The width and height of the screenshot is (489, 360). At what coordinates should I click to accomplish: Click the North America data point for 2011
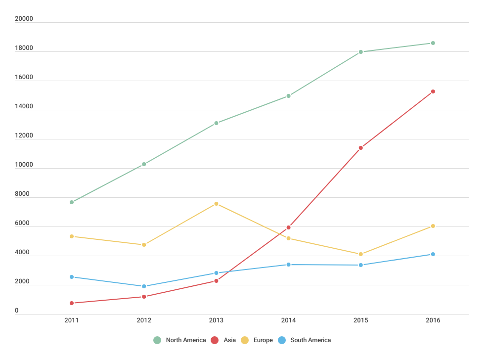click(x=72, y=202)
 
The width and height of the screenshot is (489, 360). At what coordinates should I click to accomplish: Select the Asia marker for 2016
click(x=433, y=91)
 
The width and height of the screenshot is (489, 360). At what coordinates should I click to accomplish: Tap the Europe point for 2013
click(x=216, y=204)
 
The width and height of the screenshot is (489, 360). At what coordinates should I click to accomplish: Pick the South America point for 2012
click(x=144, y=286)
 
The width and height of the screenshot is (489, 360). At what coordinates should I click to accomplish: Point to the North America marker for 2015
click(x=361, y=52)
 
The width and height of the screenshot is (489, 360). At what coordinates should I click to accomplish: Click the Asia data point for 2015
click(x=361, y=148)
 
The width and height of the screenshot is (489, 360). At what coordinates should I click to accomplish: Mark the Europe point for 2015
click(x=361, y=254)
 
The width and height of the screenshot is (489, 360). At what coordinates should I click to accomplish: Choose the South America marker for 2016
click(x=433, y=254)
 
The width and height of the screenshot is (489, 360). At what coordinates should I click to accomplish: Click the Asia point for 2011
click(x=72, y=303)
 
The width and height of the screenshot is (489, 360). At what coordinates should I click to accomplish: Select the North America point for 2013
click(x=216, y=123)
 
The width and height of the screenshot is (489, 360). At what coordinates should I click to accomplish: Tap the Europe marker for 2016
click(x=433, y=226)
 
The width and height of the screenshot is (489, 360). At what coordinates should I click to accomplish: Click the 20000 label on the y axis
click(x=24, y=19)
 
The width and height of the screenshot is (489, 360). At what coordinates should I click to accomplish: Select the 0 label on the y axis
click(x=16, y=311)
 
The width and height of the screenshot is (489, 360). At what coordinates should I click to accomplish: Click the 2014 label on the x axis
click(x=288, y=321)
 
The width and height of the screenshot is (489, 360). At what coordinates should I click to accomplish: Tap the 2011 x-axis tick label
click(x=72, y=321)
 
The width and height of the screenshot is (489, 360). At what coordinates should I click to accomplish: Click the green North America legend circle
click(x=157, y=340)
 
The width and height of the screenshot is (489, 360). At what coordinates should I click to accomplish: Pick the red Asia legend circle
click(x=215, y=340)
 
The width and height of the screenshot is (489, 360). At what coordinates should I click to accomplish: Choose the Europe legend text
click(x=262, y=340)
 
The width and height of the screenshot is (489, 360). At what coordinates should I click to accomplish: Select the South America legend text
click(x=311, y=340)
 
